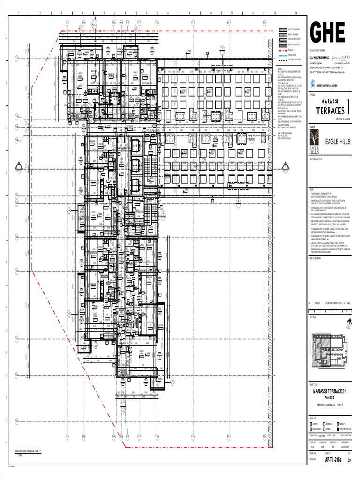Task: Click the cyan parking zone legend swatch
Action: [x=283, y=55]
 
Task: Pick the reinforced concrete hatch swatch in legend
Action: [x=283, y=44]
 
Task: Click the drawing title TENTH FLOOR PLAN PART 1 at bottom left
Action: [x=29, y=451]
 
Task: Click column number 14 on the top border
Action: [x=296, y=13]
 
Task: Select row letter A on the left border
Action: [x=7, y=38]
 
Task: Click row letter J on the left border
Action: [x=7, y=442]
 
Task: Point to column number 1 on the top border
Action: [x=19, y=13]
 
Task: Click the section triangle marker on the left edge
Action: [x=19, y=165]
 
